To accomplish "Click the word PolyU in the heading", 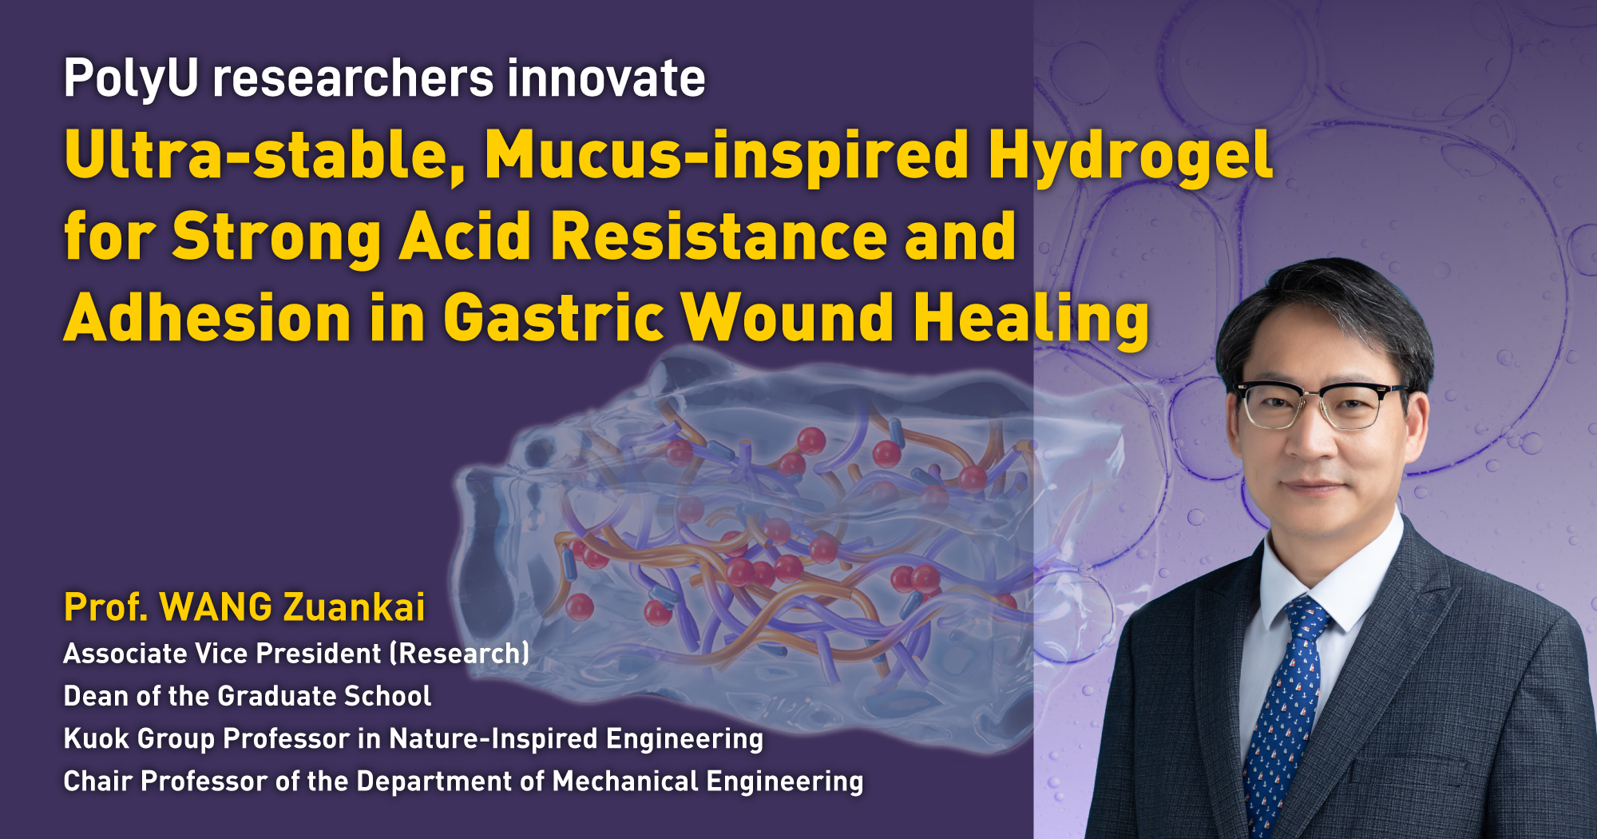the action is (131, 79).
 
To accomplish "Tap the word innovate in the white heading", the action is (606, 78).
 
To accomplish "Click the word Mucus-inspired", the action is (727, 156).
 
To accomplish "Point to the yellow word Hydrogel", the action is (1131, 156).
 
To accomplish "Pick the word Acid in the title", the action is (466, 237).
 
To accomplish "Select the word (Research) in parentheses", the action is (459, 654).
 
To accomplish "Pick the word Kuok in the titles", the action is (97, 738).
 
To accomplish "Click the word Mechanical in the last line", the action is (625, 781).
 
